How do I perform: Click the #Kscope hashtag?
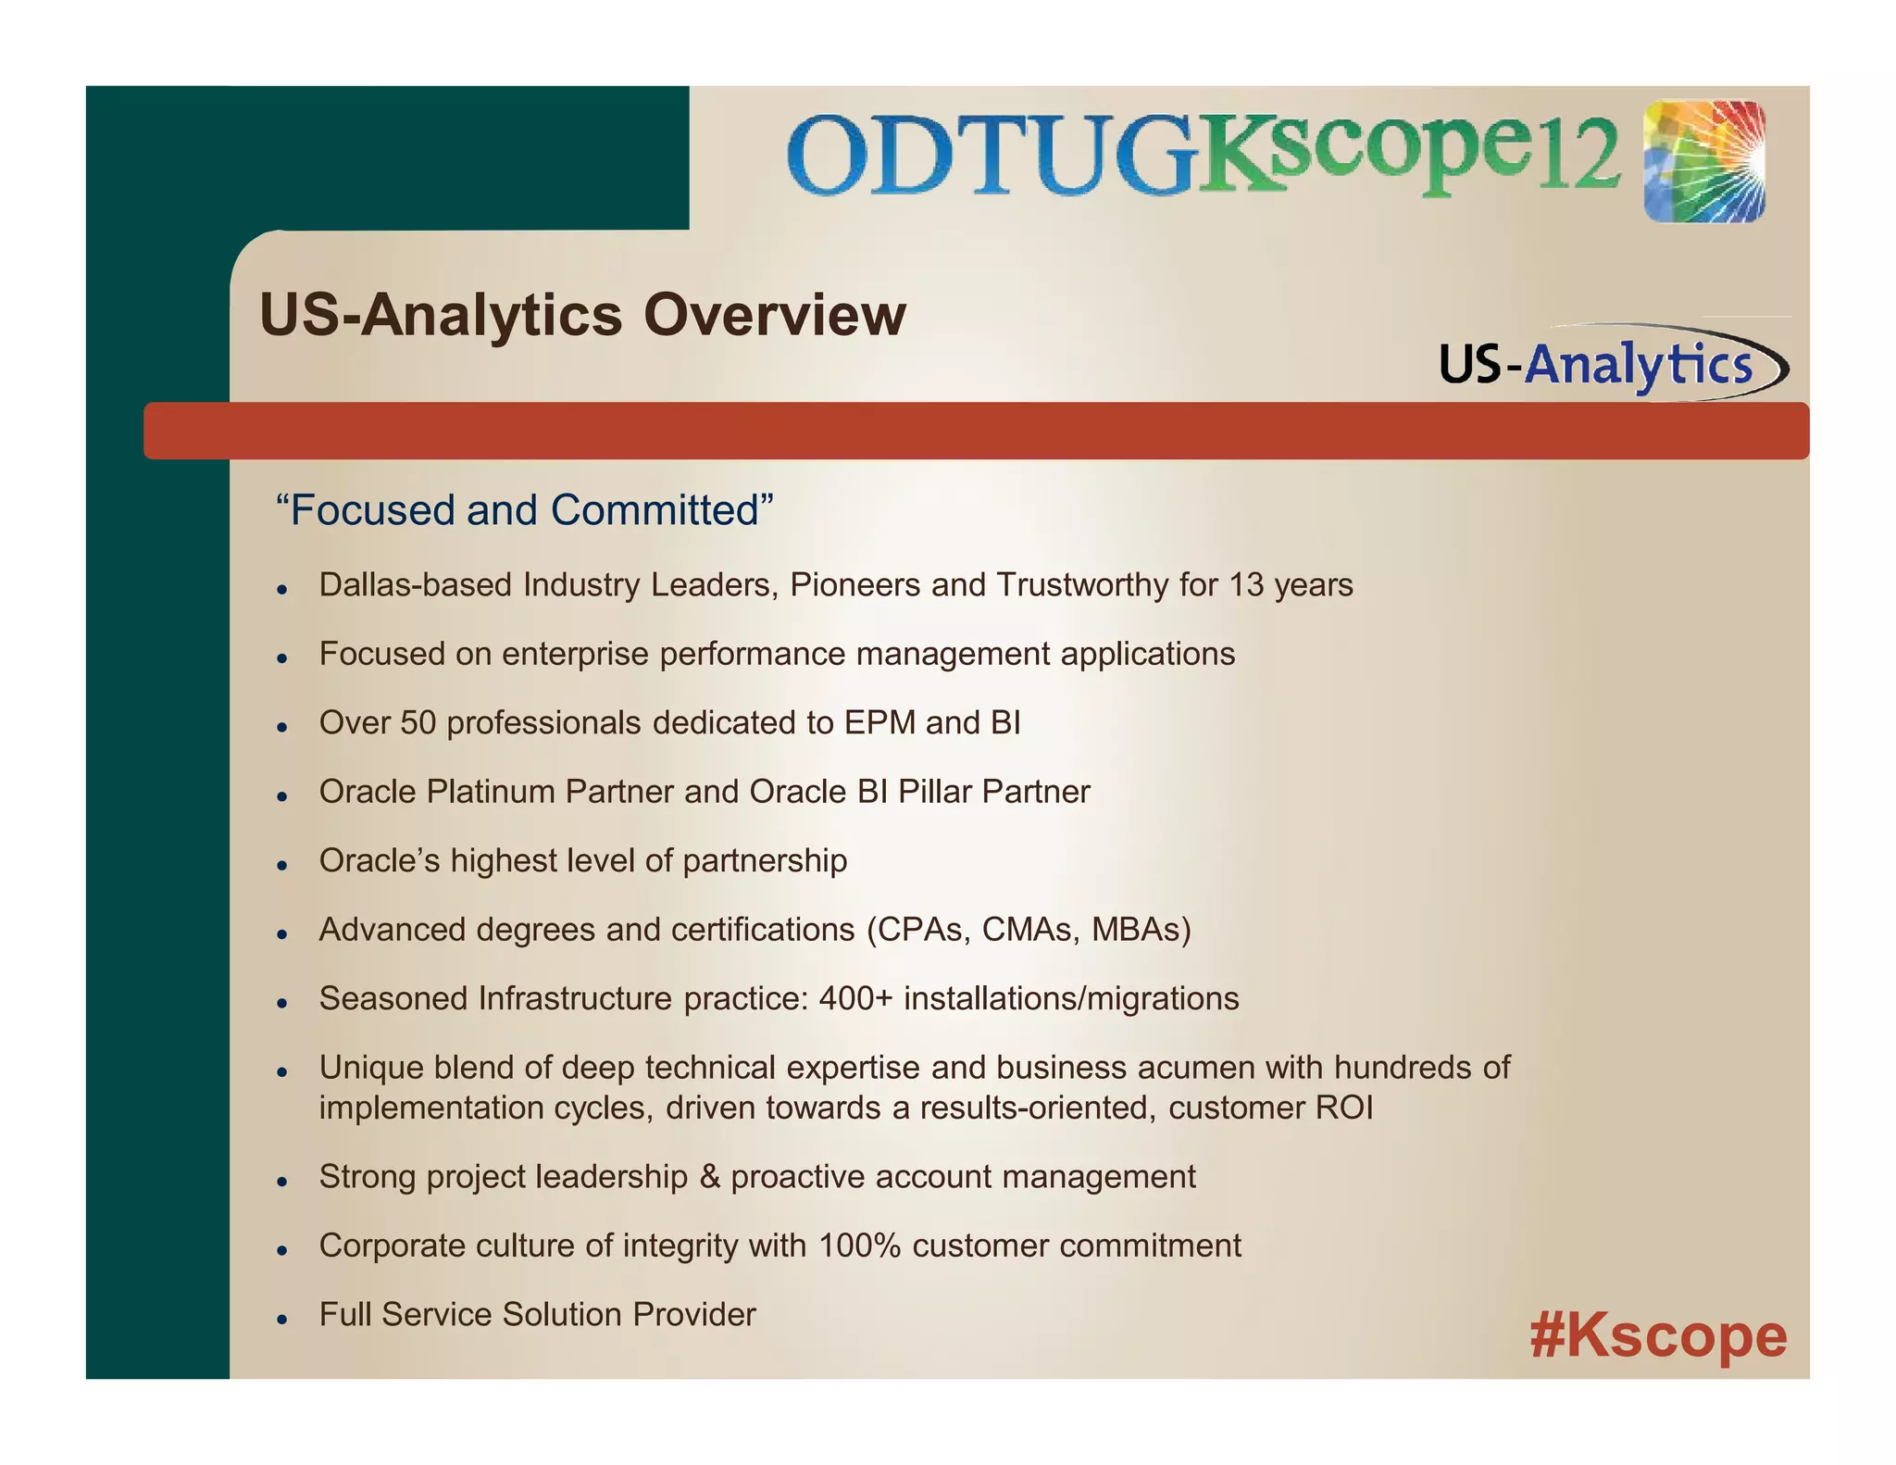[x=1658, y=1336]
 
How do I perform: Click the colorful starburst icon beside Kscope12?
[x=1704, y=162]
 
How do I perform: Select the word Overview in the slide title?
[x=774, y=315]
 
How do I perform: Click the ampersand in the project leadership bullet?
[x=709, y=1177]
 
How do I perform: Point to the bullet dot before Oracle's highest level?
[x=283, y=864]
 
